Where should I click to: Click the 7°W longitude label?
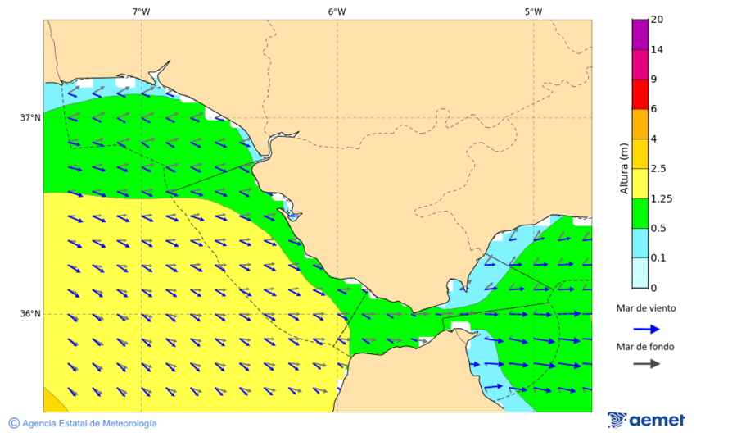pyautogui.click(x=141, y=11)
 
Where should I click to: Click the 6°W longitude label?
pyautogui.click(x=337, y=11)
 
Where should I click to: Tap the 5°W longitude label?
pyautogui.click(x=533, y=11)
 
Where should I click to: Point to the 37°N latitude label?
pyautogui.click(x=30, y=117)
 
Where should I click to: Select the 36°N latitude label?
pyautogui.click(x=30, y=314)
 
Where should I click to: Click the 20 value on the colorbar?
pyautogui.click(x=657, y=20)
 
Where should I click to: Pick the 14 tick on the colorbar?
pyautogui.click(x=657, y=49)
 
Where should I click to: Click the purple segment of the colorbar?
pyautogui.click(x=640, y=34)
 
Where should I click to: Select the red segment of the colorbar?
pyautogui.click(x=640, y=93)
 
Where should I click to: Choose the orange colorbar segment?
pyautogui.click(x=640, y=124)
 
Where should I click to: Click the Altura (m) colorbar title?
pyautogui.click(x=624, y=168)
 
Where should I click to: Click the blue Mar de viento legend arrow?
pyautogui.click(x=646, y=329)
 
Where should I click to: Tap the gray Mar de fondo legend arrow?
pyautogui.click(x=646, y=363)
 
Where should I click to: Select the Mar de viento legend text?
pyautogui.click(x=646, y=308)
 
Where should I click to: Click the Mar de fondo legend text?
pyautogui.click(x=646, y=347)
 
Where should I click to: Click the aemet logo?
pyautogui.click(x=646, y=420)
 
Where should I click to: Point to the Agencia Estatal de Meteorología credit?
pyautogui.click(x=83, y=423)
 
